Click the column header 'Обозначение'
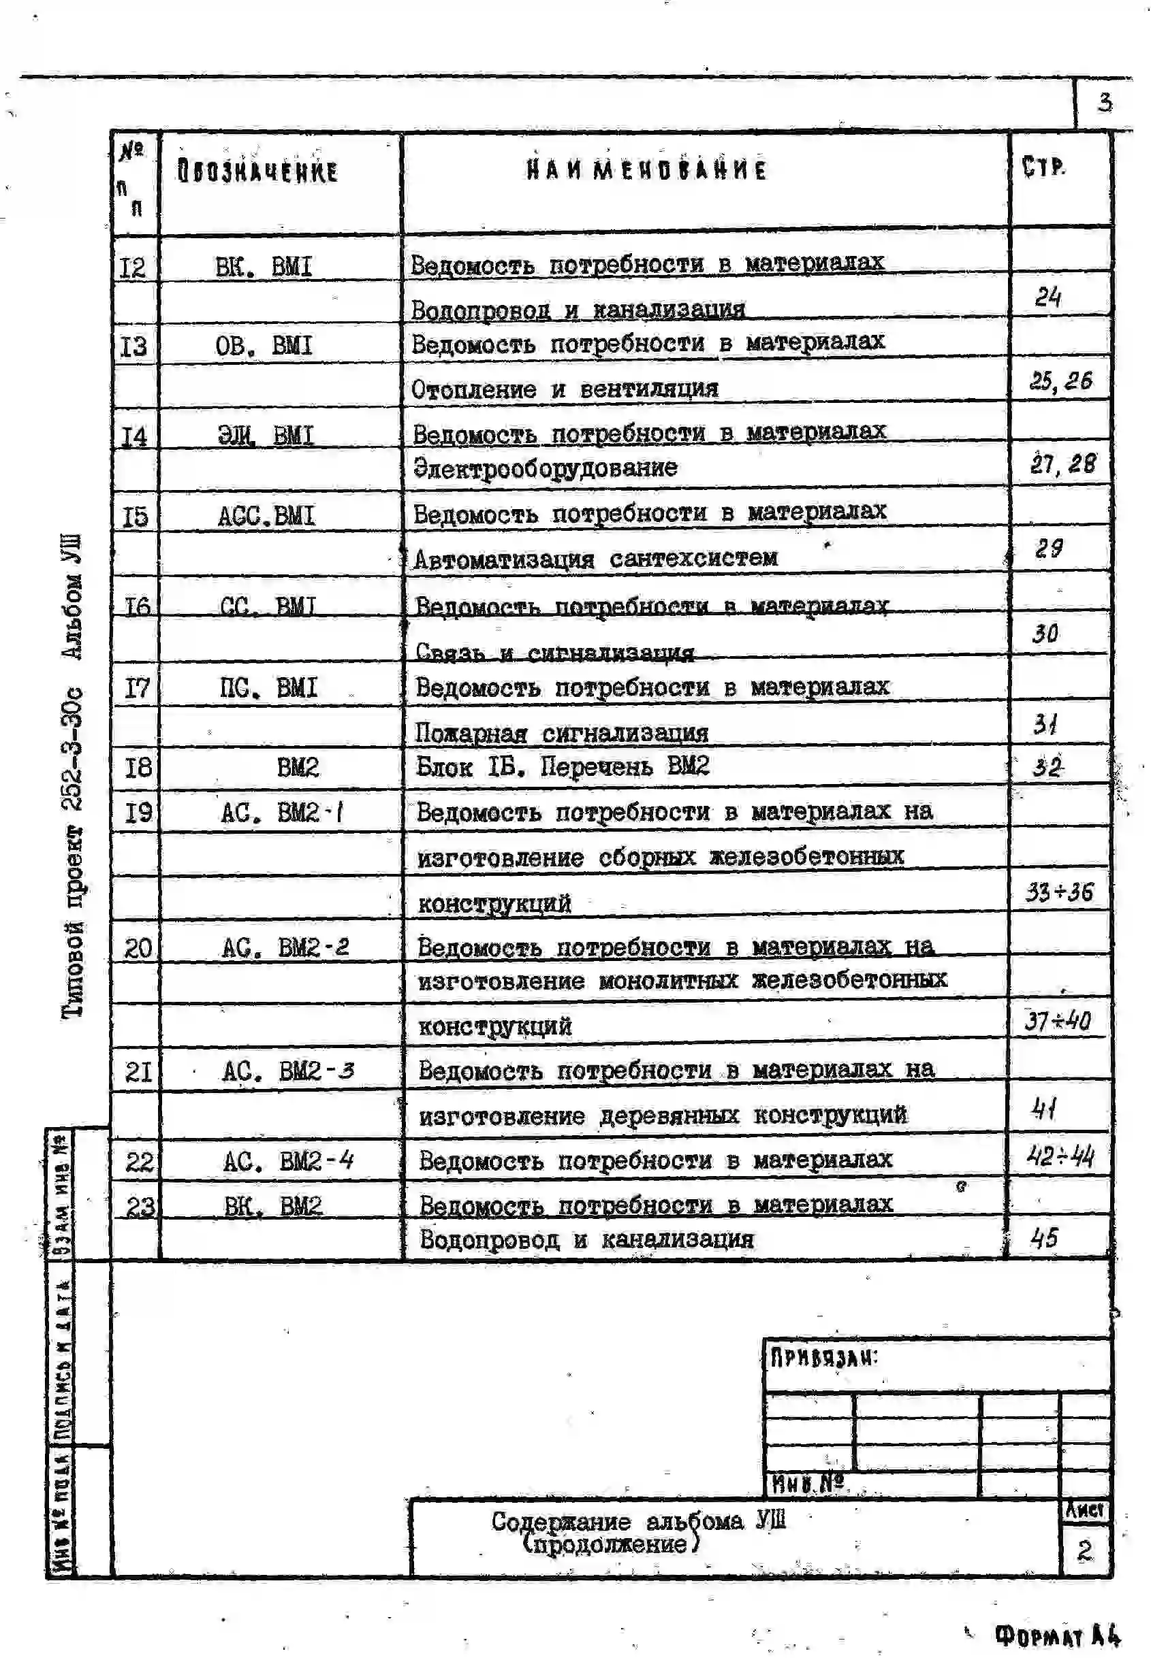tap(257, 171)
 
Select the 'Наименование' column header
tap(646, 169)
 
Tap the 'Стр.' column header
tap(1043, 167)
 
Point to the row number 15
tap(135, 516)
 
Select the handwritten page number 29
tap(1048, 549)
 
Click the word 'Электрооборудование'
tap(546, 468)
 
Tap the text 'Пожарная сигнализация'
tap(561, 733)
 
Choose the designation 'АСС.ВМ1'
tap(266, 515)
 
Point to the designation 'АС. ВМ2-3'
tap(287, 1071)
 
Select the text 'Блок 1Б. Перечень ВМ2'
tap(563, 766)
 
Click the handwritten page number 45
tap(1044, 1237)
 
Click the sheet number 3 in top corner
tap(1104, 102)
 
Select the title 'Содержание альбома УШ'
tap(637, 1520)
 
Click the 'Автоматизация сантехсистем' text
tap(595, 559)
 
